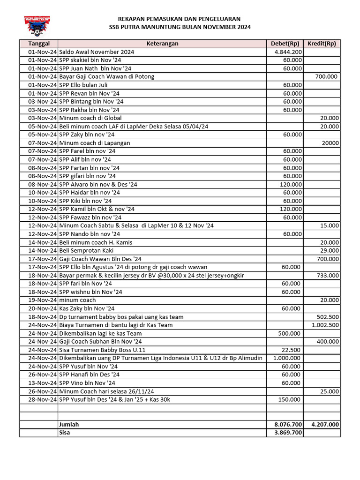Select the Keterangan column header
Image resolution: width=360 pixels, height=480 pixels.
(162, 44)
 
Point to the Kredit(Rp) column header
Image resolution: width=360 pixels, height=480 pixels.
(322, 44)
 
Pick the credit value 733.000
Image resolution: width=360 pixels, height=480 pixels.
(328, 276)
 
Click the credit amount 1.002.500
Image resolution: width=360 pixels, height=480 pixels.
(325, 325)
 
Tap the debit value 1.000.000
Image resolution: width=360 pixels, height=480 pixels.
(287, 358)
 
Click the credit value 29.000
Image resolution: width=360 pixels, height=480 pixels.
(330, 251)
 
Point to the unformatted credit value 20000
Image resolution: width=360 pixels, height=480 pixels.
(330, 143)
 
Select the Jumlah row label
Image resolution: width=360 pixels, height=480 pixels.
(69, 424)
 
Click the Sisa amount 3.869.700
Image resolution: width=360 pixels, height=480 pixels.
(288, 433)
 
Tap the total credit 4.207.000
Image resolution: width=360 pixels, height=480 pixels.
(325, 424)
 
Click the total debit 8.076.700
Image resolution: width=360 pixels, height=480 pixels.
(288, 424)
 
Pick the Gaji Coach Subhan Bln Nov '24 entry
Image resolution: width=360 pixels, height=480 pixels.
(100, 342)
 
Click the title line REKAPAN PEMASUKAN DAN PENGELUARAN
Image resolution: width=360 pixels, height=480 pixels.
(180, 19)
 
